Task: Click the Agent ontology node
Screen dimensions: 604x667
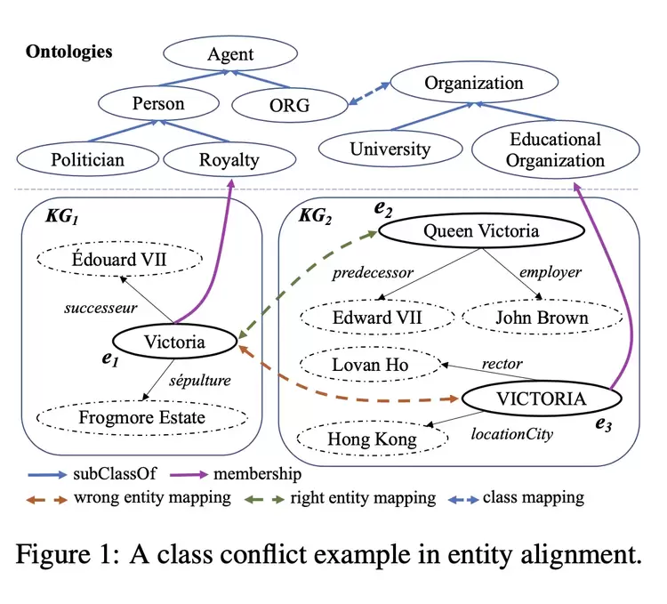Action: coord(230,56)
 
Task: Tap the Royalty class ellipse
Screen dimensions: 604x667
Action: coord(229,160)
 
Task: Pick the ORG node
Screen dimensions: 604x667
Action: coord(288,105)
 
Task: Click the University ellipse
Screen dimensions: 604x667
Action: coord(390,149)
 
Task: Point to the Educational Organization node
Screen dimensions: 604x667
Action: coord(555,149)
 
